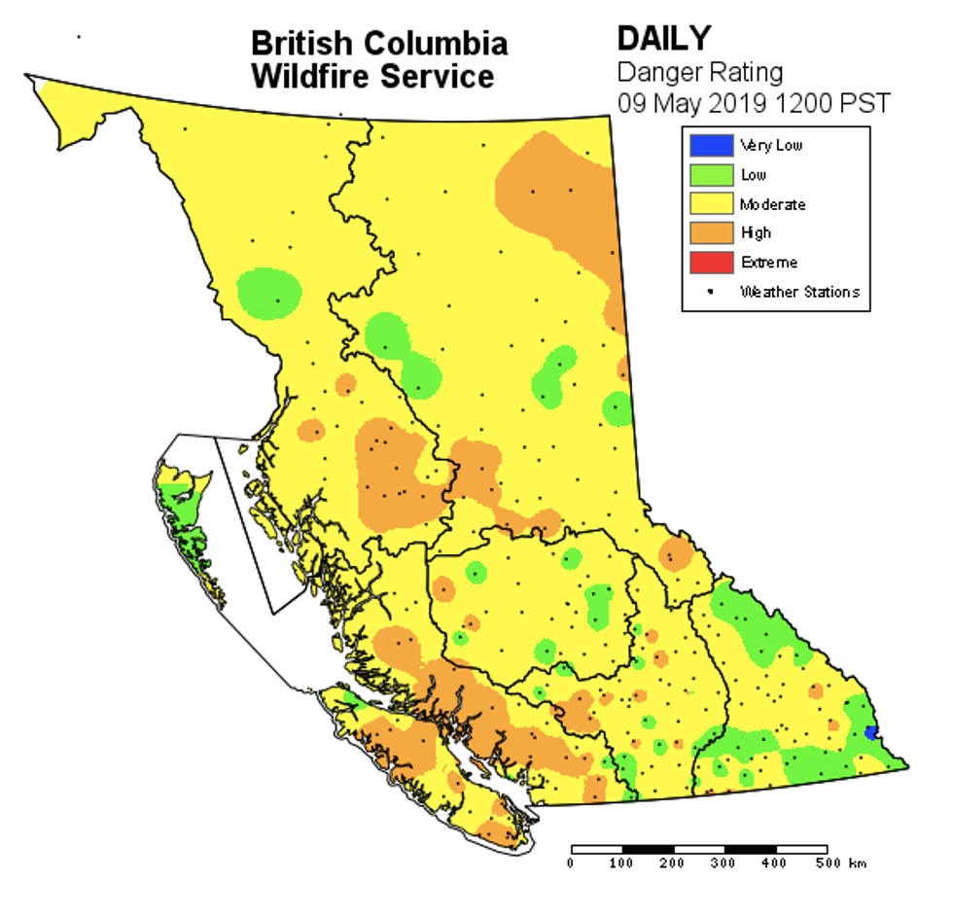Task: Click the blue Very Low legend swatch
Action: pyautogui.click(x=711, y=146)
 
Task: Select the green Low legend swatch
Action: pyautogui.click(x=711, y=175)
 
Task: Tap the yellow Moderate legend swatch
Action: pyautogui.click(x=711, y=204)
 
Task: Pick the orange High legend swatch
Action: pyautogui.click(x=711, y=233)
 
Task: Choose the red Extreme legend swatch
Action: pyautogui.click(x=711, y=263)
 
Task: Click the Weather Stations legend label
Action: pyautogui.click(x=799, y=292)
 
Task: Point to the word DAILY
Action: pyautogui.click(x=664, y=39)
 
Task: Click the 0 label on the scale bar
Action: pyautogui.click(x=571, y=864)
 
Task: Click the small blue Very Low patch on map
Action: pyautogui.click(x=870, y=731)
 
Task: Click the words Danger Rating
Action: pyautogui.click(x=700, y=71)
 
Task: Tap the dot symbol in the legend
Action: pyautogui.click(x=711, y=292)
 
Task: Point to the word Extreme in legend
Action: pyautogui.click(x=768, y=263)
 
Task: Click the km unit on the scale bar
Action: pyautogui.click(x=857, y=864)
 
